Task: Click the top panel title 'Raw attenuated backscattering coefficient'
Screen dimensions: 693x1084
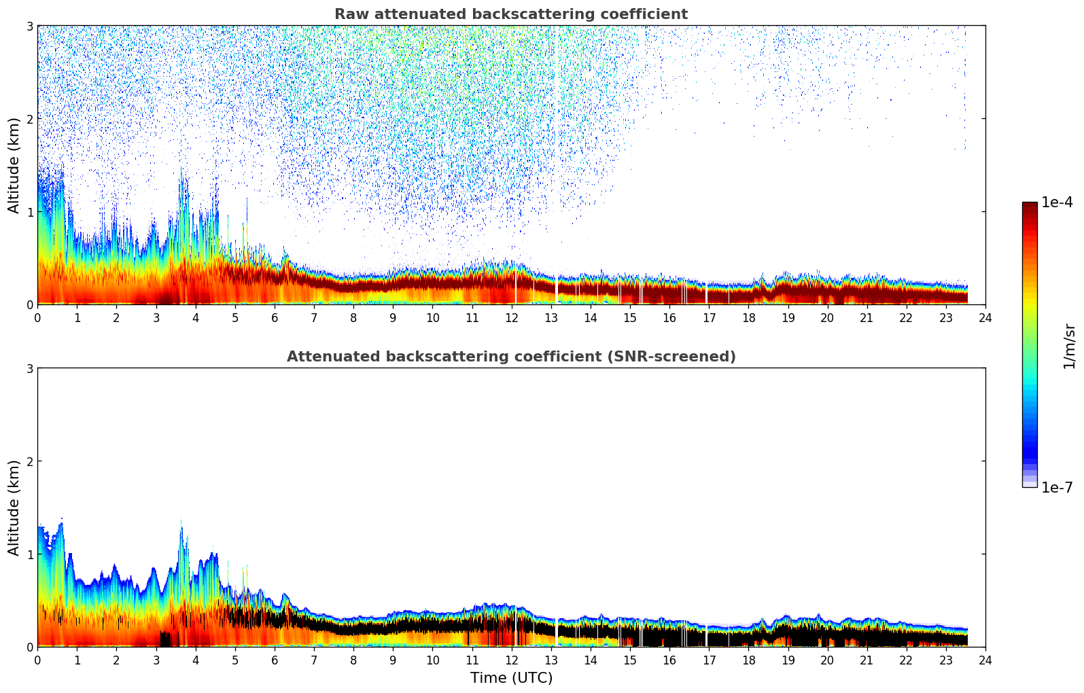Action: coord(510,14)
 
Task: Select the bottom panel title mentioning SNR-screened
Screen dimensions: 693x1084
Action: coord(510,357)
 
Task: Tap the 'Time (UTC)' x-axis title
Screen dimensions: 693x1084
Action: coord(511,678)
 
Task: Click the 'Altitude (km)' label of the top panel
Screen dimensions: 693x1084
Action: coord(14,165)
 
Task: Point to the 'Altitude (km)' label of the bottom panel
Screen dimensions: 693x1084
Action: coord(14,508)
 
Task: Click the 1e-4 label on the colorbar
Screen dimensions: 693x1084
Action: coord(1057,202)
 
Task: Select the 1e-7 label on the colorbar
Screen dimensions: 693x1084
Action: coord(1057,487)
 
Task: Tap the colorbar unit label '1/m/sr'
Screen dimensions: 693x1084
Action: coord(1069,346)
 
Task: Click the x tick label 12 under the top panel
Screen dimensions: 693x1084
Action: coord(512,317)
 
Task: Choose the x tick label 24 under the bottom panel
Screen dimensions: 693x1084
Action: coord(985,660)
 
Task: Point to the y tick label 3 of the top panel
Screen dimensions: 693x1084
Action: coord(29,26)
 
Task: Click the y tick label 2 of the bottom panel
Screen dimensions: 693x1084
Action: coord(29,461)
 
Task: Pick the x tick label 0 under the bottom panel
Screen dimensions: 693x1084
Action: coord(37,660)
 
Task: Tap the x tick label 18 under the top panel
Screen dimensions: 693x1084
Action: coord(748,317)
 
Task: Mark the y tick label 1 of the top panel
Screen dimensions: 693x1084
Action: coord(29,212)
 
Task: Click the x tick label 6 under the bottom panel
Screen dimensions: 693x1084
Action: coord(275,660)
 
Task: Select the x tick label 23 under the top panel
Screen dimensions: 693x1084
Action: coord(946,317)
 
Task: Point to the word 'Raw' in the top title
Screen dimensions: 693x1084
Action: coord(351,14)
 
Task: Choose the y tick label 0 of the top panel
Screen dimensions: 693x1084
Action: coord(29,305)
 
